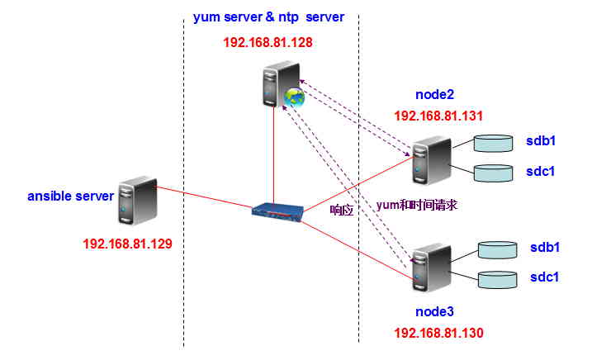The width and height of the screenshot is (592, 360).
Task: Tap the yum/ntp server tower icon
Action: (x=273, y=87)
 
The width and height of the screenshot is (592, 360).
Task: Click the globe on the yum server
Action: (x=293, y=98)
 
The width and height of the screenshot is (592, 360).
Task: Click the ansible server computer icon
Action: (x=136, y=199)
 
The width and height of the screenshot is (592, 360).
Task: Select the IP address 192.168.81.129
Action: (x=127, y=244)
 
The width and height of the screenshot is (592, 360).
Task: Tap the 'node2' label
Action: (x=437, y=95)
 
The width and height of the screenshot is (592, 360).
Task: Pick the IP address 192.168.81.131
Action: (x=438, y=116)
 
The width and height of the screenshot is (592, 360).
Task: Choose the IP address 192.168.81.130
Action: (x=438, y=333)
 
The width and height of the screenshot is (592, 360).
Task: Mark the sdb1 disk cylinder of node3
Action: (x=503, y=249)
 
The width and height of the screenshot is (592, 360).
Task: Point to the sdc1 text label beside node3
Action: (x=544, y=277)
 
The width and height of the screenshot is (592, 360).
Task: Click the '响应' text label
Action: (x=341, y=210)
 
